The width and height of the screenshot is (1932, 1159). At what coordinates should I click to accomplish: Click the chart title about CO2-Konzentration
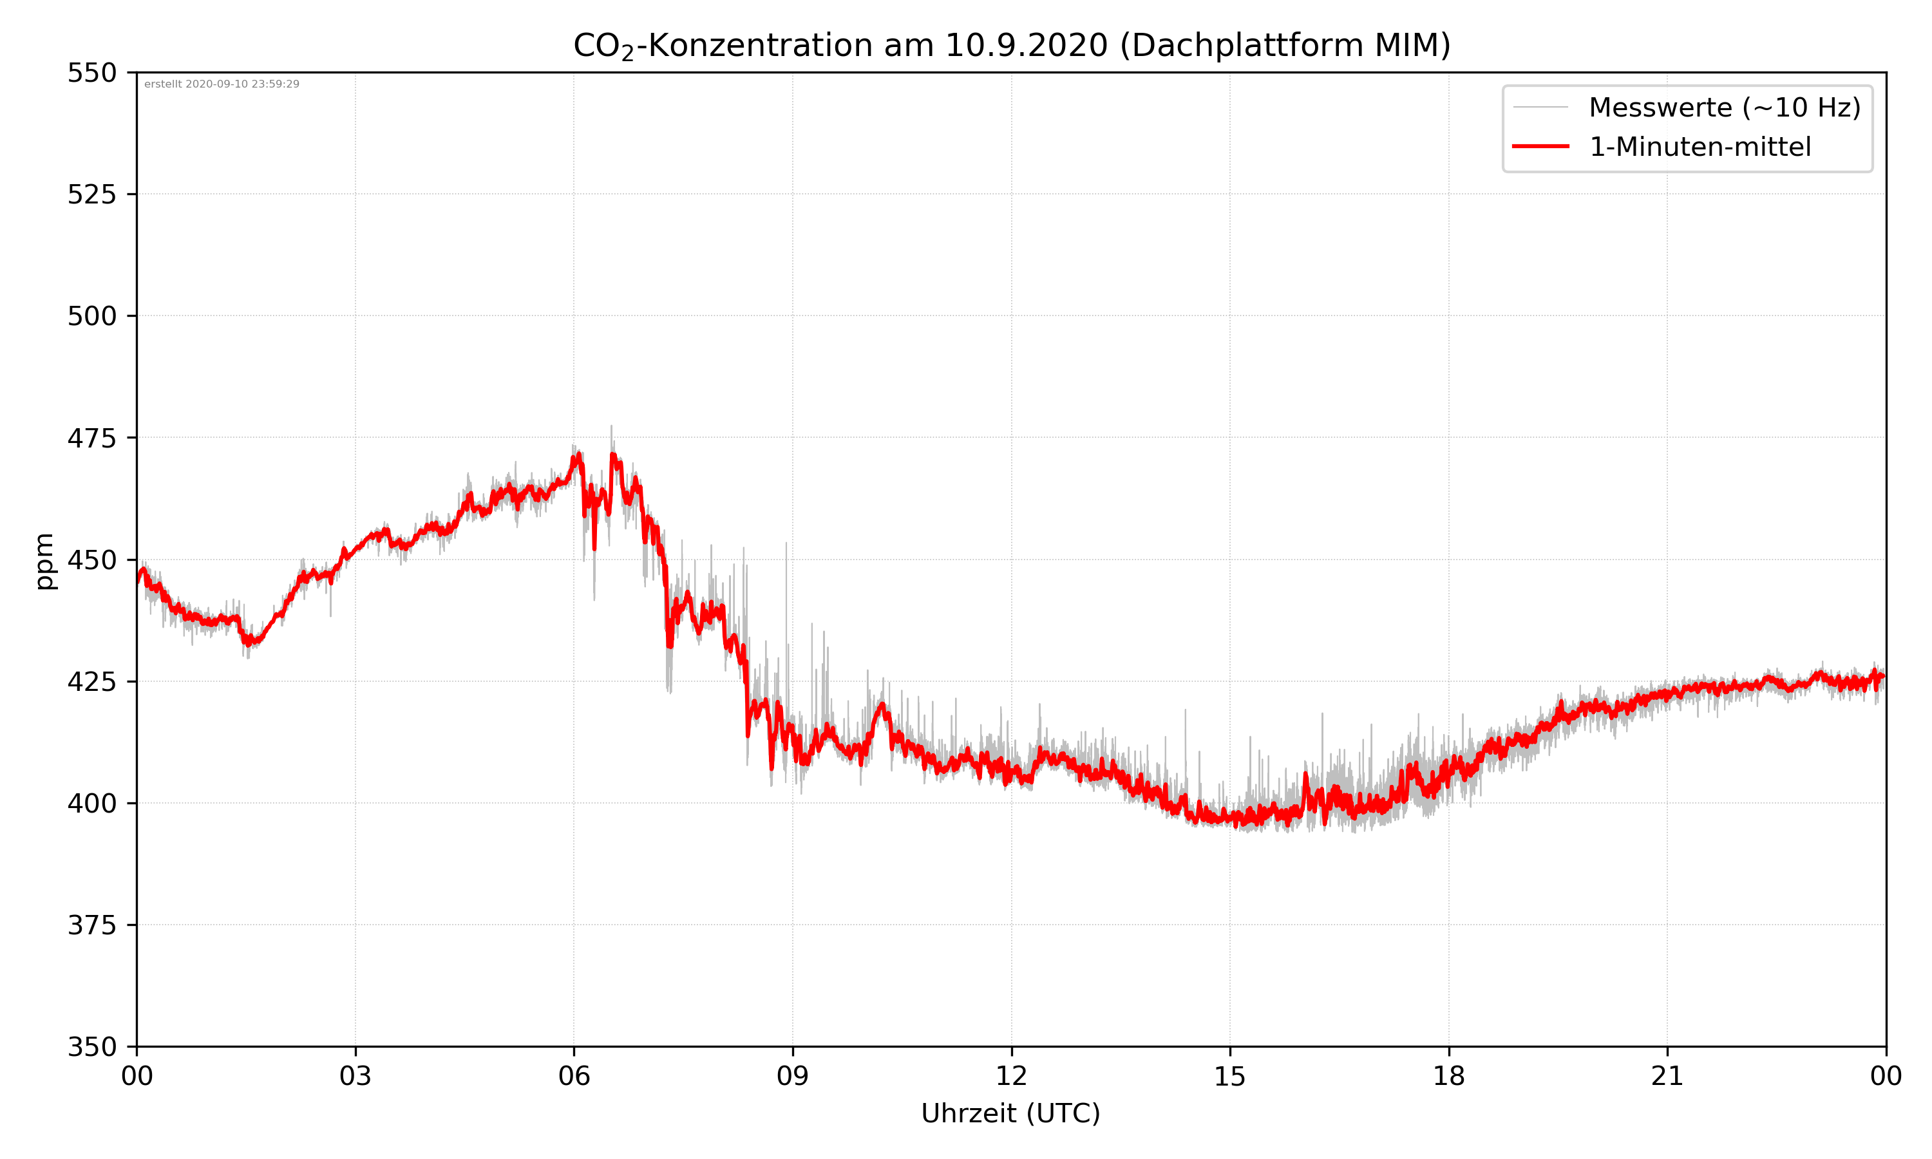[x=1011, y=45]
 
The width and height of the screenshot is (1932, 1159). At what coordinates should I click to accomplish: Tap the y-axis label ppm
[x=45, y=561]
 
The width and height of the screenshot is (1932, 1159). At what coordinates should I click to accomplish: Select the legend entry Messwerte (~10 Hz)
[x=1724, y=107]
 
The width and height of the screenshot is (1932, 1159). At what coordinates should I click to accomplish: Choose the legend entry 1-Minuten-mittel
[x=1700, y=147]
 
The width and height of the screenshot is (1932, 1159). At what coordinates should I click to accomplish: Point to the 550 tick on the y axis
[x=91, y=73]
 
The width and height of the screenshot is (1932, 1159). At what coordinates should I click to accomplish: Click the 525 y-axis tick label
[x=91, y=194]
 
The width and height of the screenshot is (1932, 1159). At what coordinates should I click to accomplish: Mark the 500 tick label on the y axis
[x=91, y=316]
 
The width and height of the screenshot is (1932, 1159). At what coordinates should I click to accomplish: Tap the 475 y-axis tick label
[x=91, y=438]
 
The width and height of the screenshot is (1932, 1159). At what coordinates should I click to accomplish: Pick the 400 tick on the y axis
[x=91, y=804]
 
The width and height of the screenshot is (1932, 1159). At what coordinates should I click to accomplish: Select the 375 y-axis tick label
[x=91, y=925]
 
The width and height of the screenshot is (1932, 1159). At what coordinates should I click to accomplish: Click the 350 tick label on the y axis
[x=91, y=1048]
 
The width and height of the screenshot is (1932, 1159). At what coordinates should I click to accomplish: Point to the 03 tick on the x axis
[x=355, y=1076]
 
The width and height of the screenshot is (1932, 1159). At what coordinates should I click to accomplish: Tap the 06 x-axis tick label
[x=574, y=1076]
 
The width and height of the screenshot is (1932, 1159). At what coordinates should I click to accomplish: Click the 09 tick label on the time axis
[x=793, y=1076]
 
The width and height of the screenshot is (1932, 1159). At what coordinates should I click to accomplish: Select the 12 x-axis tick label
[x=1011, y=1076]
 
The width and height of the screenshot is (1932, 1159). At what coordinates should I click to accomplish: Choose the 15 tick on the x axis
[x=1230, y=1076]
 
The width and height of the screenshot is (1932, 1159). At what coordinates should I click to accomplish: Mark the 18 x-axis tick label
[x=1448, y=1076]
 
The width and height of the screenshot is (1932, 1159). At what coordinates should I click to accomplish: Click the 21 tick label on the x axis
[x=1667, y=1076]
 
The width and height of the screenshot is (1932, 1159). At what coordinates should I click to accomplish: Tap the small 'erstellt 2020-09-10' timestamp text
[x=222, y=84]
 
